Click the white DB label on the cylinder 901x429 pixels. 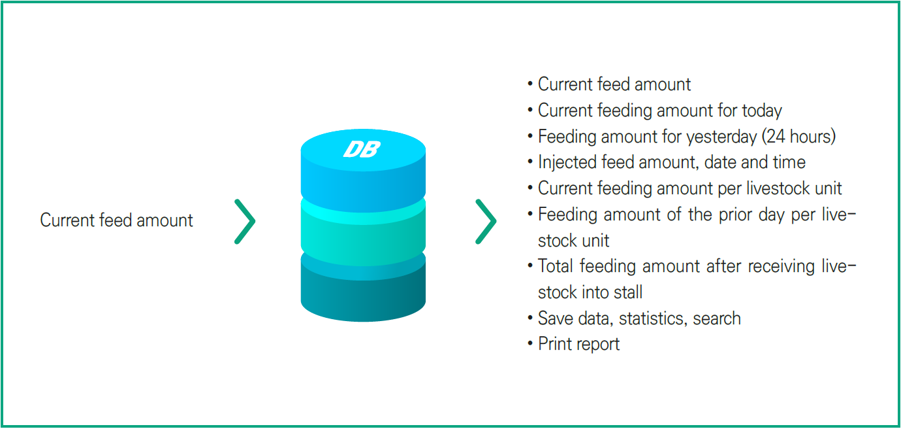(x=362, y=149)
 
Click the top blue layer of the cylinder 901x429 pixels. (x=363, y=171)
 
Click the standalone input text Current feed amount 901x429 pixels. (x=116, y=220)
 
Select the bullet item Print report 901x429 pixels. (x=579, y=344)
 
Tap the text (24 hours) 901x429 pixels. (x=798, y=136)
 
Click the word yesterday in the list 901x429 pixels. (x=721, y=137)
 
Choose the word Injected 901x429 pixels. (x=567, y=162)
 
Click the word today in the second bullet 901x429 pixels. (x=762, y=111)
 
